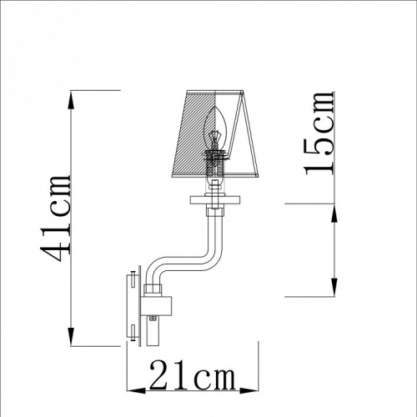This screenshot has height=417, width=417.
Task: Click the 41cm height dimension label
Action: pyautogui.click(x=56, y=219)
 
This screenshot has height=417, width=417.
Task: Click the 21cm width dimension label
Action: pyautogui.click(x=193, y=374)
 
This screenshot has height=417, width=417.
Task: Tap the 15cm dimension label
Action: pyautogui.click(x=319, y=133)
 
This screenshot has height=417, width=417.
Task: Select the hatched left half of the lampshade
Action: pyautogui.click(x=193, y=133)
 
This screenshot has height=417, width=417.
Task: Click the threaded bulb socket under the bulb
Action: pyautogui.click(x=214, y=164)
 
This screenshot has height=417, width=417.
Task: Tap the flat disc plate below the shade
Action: pyautogui.click(x=215, y=199)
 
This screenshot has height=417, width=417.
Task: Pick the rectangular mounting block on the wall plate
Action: pyautogui.click(x=157, y=305)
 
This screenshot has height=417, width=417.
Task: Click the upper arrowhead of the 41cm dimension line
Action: pyautogui.click(x=71, y=100)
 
